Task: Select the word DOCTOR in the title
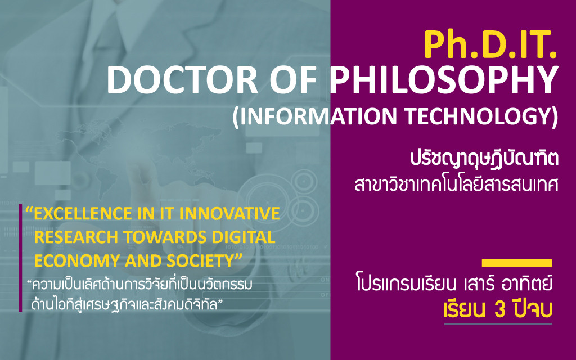(182, 79)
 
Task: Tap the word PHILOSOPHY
(444, 79)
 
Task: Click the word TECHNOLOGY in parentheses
(477, 116)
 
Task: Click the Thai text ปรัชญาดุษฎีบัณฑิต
(484, 159)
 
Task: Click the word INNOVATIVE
(230, 213)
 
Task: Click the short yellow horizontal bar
(517, 263)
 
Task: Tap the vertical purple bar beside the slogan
(21, 258)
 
